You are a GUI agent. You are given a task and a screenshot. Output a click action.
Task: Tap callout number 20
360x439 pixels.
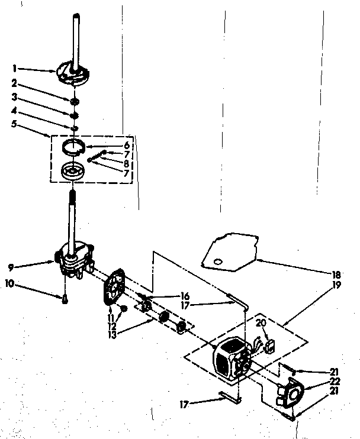261,324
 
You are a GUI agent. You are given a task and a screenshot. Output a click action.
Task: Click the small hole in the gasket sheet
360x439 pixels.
217,261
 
